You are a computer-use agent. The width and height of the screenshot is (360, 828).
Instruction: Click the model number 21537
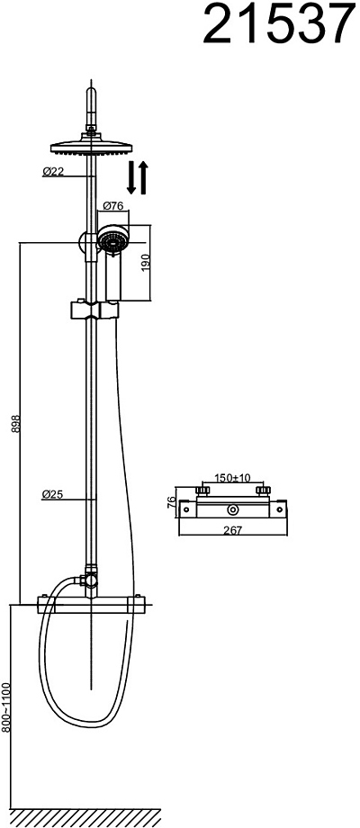pyautogui.click(x=279, y=24)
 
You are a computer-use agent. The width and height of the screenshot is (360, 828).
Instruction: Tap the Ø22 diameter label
pyautogui.click(x=53, y=172)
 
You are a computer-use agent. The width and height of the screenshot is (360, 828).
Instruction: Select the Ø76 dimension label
pyautogui.click(x=113, y=206)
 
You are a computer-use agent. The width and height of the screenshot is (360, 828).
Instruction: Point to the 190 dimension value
pyautogui.click(x=147, y=263)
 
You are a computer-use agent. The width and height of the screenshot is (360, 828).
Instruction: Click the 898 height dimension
pyautogui.click(x=16, y=424)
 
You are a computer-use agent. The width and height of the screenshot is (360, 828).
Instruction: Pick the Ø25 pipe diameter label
pyautogui.click(x=53, y=495)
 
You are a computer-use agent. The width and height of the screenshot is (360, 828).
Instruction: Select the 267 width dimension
pyautogui.click(x=232, y=531)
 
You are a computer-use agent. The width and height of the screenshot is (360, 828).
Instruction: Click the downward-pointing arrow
pyautogui.click(x=132, y=177)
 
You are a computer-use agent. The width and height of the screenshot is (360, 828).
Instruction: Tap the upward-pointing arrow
pyautogui.click(x=143, y=177)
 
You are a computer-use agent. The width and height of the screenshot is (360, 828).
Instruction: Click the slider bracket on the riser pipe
pyautogui.click(x=93, y=310)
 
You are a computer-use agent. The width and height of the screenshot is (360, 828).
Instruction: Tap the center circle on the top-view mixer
pyautogui.click(x=232, y=510)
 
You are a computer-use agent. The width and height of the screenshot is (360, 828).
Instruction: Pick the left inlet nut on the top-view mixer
pyautogui.click(x=202, y=491)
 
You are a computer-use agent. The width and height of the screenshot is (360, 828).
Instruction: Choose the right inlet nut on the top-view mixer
pyautogui.click(x=262, y=491)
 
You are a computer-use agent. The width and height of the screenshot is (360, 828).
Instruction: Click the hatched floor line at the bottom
pyautogui.click(x=86, y=817)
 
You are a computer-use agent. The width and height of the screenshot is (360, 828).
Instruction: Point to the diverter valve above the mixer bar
pyautogui.click(x=91, y=580)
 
